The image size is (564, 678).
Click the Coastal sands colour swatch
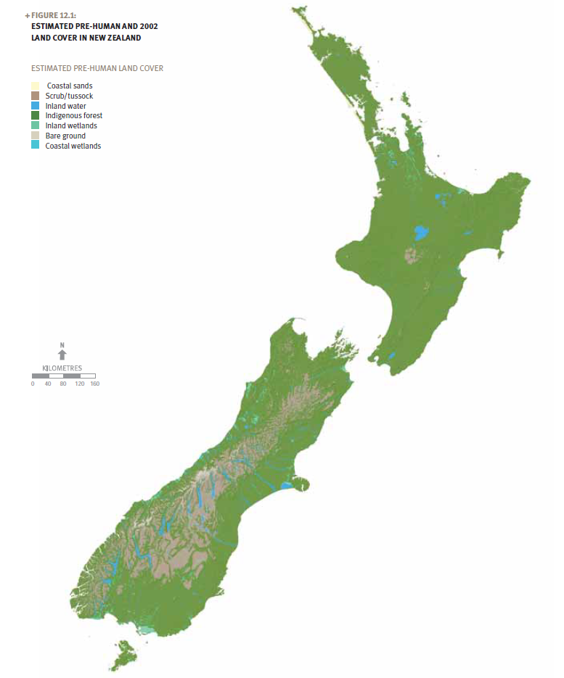click(35, 86)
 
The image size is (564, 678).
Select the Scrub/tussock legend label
click(69, 96)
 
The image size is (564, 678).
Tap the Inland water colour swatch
click(35, 106)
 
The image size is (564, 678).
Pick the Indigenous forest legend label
click(73, 115)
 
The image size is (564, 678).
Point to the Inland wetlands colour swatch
click(35, 125)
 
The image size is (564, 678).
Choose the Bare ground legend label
click(65, 136)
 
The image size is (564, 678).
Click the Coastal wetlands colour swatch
click(35, 146)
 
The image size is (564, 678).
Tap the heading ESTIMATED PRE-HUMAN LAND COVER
click(97, 68)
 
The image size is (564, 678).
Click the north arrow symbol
click(62, 355)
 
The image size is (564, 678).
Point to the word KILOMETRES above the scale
click(62, 368)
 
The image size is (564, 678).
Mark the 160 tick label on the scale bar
click(94, 384)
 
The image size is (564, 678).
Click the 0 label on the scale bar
click(33, 384)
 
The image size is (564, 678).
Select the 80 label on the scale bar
click(63, 384)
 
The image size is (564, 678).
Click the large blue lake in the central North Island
click(420, 233)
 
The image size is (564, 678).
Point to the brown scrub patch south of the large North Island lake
click(414, 256)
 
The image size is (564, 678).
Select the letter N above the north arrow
click(62, 344)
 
